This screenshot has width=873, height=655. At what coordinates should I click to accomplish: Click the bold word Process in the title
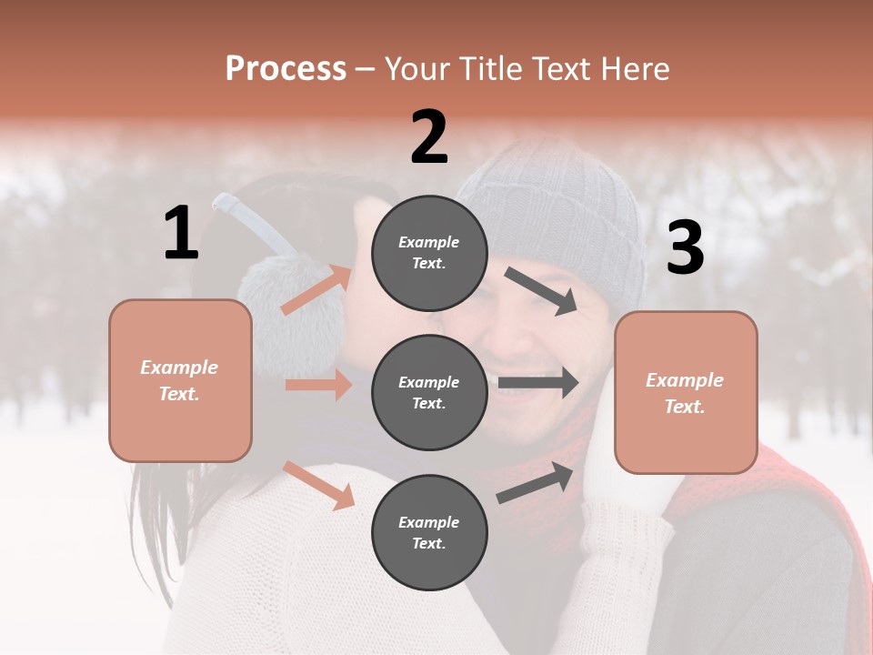[x=286, y=69]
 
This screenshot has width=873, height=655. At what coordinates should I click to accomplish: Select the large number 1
[x=181, y=234]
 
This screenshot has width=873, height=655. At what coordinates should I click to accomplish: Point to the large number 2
[x=429, y=137]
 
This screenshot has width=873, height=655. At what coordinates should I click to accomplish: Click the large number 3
[x=685, y=247]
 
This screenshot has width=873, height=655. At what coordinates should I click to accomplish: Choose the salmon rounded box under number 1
[x=180, y=380]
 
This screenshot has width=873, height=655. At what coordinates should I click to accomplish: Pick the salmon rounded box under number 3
[x=686, y=393]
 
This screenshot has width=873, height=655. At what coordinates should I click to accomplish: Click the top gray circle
[x=429, y=253]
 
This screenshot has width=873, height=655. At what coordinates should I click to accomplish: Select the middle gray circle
[x=429, y=392]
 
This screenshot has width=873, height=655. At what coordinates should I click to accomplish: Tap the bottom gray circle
[x=429, y=532]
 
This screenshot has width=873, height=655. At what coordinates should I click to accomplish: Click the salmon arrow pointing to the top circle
[x=316, y=289]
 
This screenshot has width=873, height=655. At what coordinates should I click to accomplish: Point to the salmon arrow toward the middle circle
[x=318, y=385]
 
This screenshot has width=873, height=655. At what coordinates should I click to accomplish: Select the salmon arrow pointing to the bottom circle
[x=319, y=485]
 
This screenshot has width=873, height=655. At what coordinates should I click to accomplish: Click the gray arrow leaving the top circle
[x=542, y=290]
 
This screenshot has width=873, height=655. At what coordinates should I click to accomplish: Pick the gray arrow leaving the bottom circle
[x=536, y=482]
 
